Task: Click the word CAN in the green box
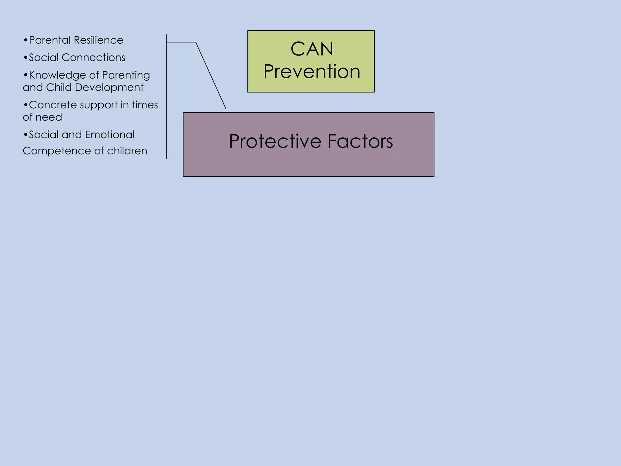click(x=312, y=49)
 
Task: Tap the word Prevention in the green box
click(x=312, y=72)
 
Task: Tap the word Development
click(x=109, y=88)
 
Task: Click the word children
click(x=127, y=151)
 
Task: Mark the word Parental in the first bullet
click(x=50, y=40)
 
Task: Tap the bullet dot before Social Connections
click(x=25, y=58)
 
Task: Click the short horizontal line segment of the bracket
click(x=181, y=42)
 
